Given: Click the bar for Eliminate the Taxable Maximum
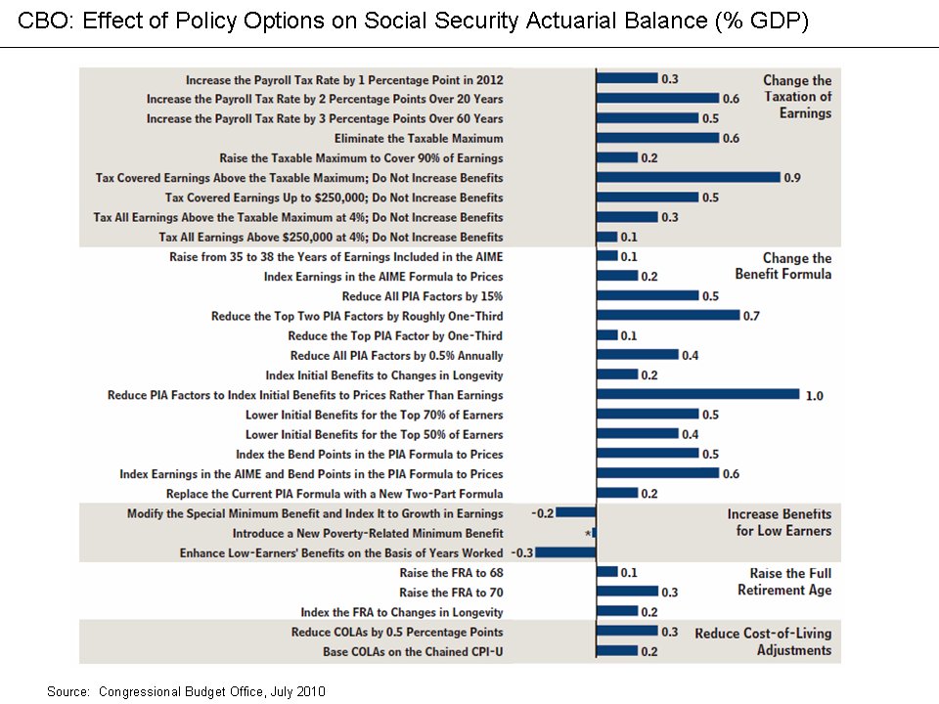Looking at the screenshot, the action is tap(657, 138).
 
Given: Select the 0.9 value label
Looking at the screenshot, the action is tap(792, 178).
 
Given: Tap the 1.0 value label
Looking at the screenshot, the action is tap(815, 396).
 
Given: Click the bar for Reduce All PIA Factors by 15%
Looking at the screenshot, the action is tap(648, 295).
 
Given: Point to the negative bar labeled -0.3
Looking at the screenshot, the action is tap(565, 552).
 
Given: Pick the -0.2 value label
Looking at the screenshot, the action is tap(543, 513).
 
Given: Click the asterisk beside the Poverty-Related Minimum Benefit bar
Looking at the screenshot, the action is tap(588, 533).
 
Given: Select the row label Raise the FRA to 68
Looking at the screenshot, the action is tap(452, 573).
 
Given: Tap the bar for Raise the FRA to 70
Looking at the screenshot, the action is tap(627, 593).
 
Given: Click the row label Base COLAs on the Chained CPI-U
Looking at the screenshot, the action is tap(413, 652).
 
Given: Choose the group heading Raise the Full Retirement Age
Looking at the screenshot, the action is tap(784, 581).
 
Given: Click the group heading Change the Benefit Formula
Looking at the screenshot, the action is tap(783, 266).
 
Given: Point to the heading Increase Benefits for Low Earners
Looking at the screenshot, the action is tap(780, 522).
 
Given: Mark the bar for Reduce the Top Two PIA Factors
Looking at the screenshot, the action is tap(668, 316).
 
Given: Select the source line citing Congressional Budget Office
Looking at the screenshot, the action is tap(186, 692).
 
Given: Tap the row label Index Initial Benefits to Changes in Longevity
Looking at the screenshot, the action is tap(384, 375).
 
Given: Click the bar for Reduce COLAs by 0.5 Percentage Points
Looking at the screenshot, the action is tap(627, 632).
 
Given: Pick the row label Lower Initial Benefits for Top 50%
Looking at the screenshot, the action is tap(375, 434).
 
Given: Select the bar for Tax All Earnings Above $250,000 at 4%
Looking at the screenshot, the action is tap(606, 237).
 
